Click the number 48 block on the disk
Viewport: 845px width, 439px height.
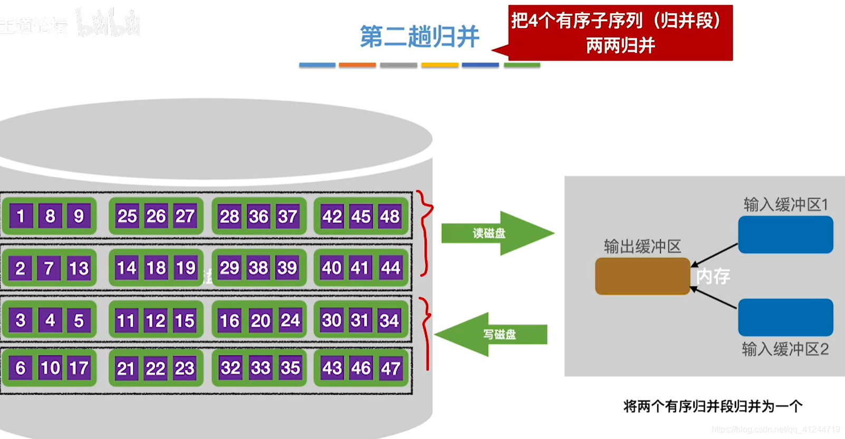point(390,216)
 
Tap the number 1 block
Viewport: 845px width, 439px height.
point(21,216)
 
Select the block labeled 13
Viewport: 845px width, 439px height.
point(79,268)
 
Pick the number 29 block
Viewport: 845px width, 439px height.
point(229,268)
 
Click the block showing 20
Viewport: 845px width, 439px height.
point(260,320)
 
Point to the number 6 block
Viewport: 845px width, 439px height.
point(21,367)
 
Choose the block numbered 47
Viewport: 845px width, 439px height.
point(390,368)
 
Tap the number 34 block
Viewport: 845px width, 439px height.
point(389,320)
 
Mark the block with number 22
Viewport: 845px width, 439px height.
point(156,368)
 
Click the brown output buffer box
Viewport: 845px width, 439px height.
point(642,276)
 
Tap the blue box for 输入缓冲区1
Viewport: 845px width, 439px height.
point(785,235)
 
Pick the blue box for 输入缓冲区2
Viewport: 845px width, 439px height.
point(785,317)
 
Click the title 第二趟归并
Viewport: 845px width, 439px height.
point(419,37)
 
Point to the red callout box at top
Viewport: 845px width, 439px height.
point(620,33)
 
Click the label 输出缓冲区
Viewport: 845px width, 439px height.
point(642,246)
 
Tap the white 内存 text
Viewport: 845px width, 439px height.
point(713,276)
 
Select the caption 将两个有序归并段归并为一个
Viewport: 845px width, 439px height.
point(713,406)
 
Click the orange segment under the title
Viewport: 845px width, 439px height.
point(357,65)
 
